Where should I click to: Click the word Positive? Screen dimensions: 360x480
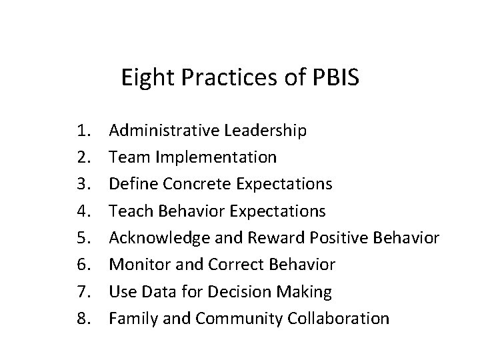[322, 238]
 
